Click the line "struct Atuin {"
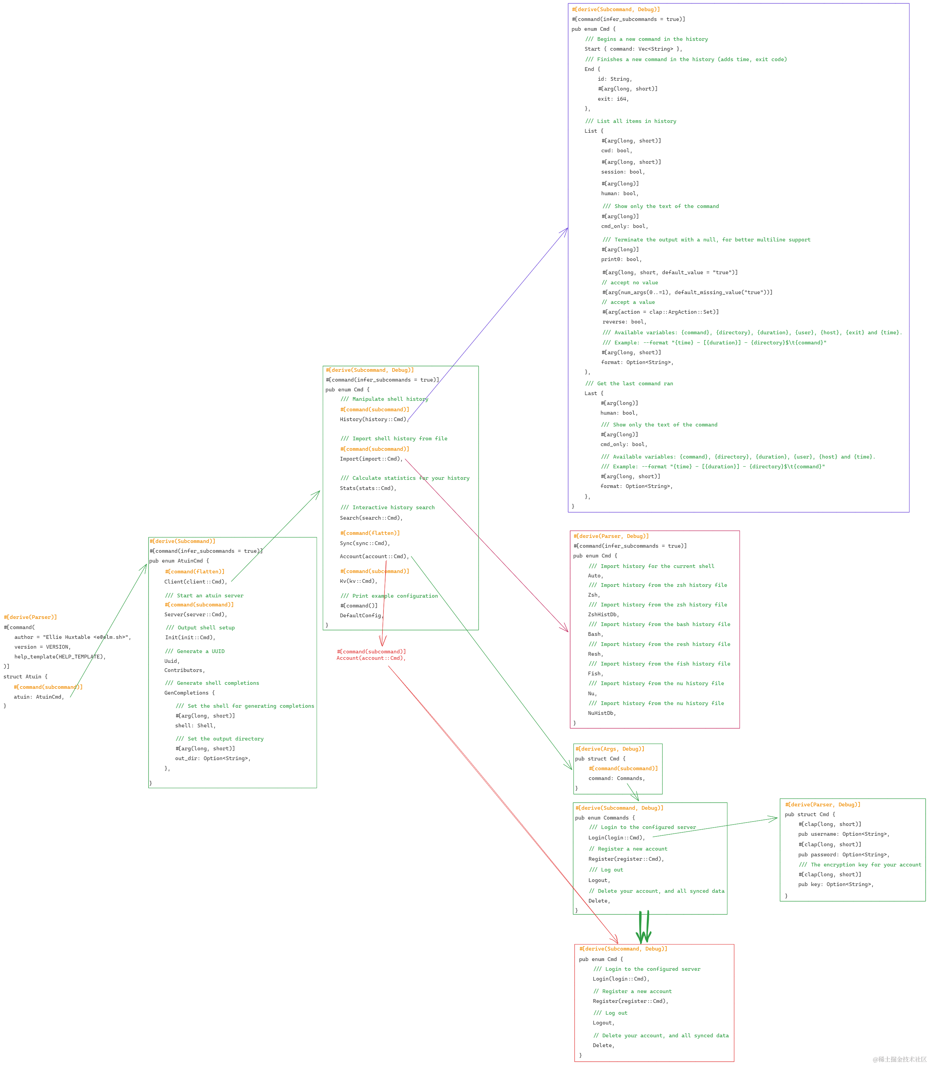click(25, 677)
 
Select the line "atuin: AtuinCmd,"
click(39, 697)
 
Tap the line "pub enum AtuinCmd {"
click(179, 561)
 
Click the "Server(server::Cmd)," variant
click(196, 615)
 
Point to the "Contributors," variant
click(185, 670)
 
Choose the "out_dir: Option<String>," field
click(213, 758)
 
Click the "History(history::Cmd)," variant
click(374, 419)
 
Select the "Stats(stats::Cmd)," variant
click(368, 488)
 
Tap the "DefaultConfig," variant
click(361, 616)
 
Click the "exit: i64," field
click(613, 99)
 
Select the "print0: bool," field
click(621, 259)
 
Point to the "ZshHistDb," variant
click(604, 615)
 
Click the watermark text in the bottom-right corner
click(899, 1059)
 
